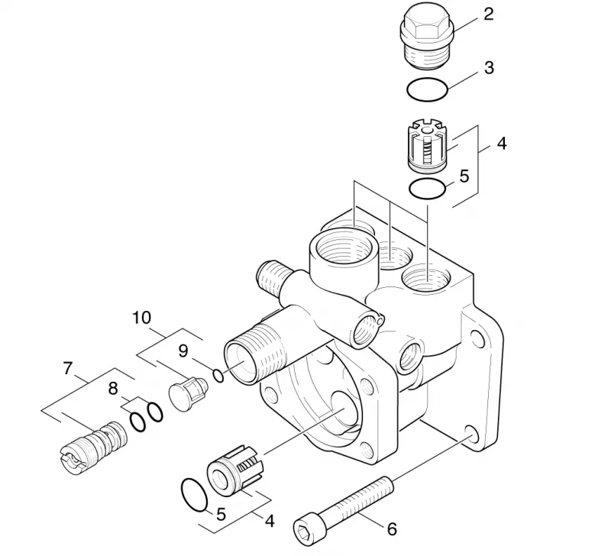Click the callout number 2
point(489,14)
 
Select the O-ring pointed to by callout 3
point(428,91)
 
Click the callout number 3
point(489,67)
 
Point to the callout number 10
point(141,318)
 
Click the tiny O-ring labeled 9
point(218,376)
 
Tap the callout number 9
point(183,351)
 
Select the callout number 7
point(68,368)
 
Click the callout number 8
point(113,389)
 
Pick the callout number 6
point(392,529)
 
